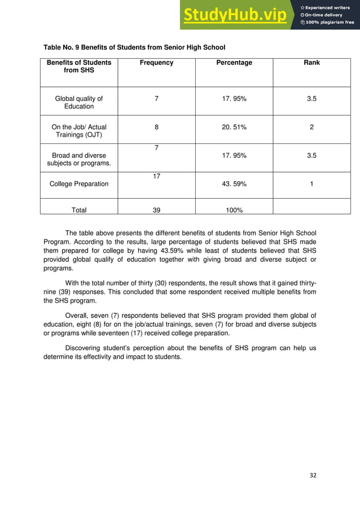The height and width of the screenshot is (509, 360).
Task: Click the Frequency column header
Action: [156, 63]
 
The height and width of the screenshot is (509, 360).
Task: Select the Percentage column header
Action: [234, 63]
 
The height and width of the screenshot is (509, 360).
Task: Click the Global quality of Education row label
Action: [79, 103]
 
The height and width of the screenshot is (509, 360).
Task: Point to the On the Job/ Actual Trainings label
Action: [79, 131]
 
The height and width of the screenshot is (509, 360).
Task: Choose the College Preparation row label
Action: [79, 184]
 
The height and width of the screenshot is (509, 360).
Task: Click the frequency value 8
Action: [156, 128]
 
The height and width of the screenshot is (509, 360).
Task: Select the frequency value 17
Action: [156, 177]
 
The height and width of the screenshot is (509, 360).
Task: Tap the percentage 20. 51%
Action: [234, 128]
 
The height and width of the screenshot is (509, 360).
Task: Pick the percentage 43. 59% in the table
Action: [234, 184]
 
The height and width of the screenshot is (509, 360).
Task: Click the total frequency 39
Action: [156, 210]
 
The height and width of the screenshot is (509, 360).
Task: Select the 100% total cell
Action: [234, 210]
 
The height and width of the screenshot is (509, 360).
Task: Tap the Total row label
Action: [79, 210]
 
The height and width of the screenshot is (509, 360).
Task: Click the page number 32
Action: [313, 475]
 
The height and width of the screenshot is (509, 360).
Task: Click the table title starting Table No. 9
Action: [134, 47]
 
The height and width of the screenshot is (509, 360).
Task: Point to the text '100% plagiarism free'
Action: [330, 23]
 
